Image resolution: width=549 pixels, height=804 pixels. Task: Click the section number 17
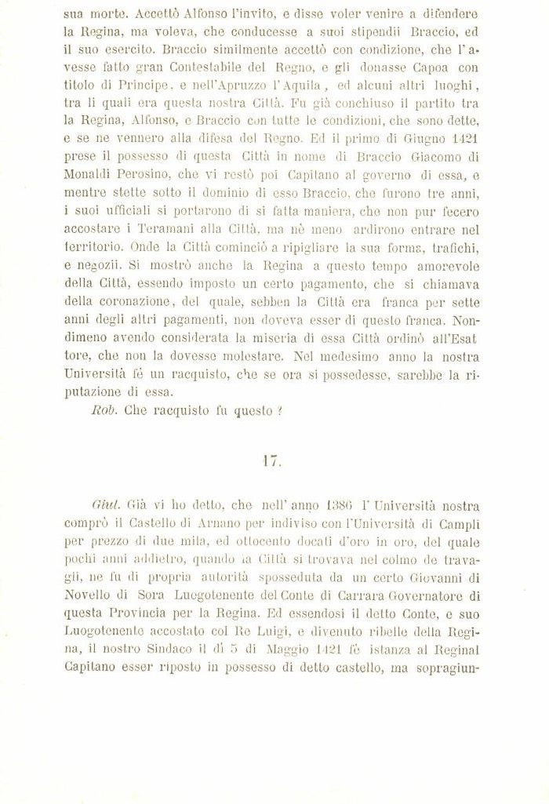click(x=271, y=462)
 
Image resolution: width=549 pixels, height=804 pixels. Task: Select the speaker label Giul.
click(x=104, y=506)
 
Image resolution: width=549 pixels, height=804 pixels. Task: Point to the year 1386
click(x=344, y=506)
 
